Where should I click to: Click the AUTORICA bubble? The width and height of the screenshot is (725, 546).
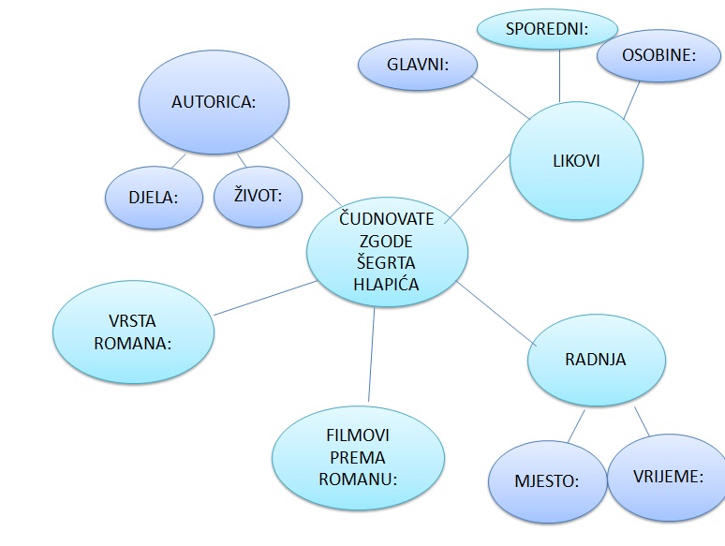click(214, 102)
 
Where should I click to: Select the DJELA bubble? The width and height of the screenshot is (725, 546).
click(153, 197)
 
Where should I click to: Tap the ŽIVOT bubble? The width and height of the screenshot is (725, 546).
click(257, 195)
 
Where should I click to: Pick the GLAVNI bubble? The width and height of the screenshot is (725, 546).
click(418, 66)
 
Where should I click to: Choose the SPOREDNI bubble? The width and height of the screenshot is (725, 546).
click(547, 29)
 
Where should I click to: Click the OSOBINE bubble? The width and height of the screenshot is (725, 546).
click(658, 55)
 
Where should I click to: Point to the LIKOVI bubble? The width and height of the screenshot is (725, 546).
click(576, 160)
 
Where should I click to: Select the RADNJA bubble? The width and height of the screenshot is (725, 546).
click(596, 360)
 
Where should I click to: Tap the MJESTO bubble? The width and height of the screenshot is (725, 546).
click(547, 481)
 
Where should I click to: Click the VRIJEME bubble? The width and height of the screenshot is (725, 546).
click(668, 477)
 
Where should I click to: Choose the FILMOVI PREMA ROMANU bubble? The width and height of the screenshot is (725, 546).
click(357, 456)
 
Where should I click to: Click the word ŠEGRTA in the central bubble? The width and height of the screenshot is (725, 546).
click(388, 262)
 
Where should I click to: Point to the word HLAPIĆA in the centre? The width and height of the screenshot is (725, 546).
click(388, 284)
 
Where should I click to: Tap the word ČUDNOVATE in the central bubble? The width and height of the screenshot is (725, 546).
click(388, 219)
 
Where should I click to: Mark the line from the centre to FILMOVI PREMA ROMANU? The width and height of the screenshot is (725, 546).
click(371, 356)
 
